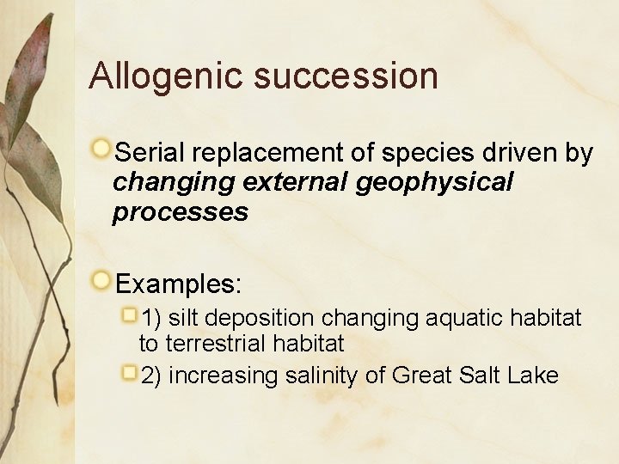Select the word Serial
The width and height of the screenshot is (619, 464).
150,153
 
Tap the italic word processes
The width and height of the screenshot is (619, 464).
181,212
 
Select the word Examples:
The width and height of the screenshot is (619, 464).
179,283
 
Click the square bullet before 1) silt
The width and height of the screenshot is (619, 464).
129,315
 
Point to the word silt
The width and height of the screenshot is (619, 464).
186,319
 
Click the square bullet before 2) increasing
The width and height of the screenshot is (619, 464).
129,372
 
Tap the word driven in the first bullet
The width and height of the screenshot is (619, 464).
523,153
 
